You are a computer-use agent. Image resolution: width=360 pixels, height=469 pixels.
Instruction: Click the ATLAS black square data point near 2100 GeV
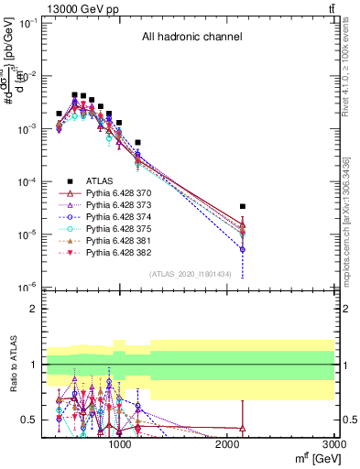(x=243, y=207)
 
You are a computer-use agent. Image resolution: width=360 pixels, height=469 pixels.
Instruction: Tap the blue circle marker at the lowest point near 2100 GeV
(x=243, y=249)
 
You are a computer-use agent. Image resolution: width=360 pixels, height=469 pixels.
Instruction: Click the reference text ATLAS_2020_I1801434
(x=191, y=274)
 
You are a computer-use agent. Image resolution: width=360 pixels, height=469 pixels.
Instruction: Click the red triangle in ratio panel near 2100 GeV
(x=243, y=428)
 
